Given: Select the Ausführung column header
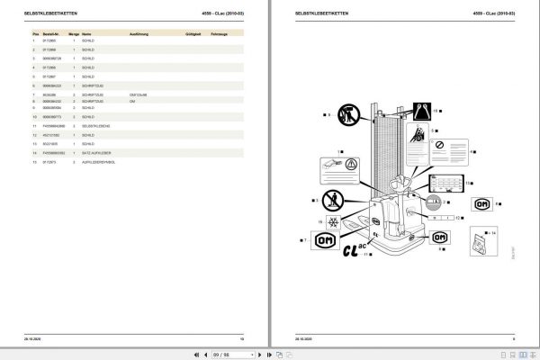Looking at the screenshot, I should click(140, 33).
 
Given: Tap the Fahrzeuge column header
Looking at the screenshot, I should click(219, 33).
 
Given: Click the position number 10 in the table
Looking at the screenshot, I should click(34, 117).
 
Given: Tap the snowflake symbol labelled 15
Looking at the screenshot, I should click(334, 220).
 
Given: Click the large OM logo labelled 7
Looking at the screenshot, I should click(323, 240).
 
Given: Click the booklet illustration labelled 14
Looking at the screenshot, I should click(480, 244).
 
